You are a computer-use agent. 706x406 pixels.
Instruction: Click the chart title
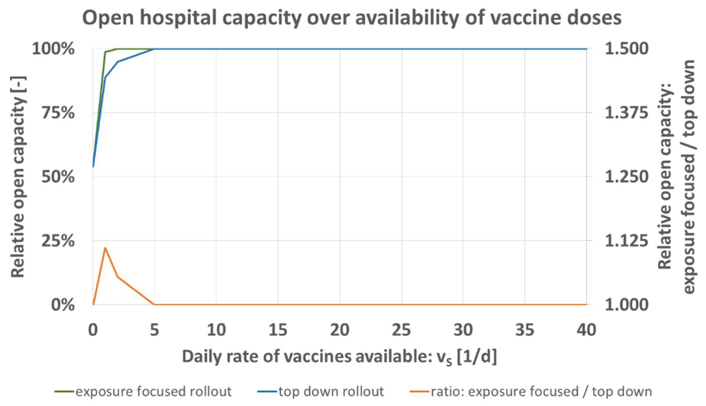(352, 18)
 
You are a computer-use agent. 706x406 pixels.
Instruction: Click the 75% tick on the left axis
(58, 113)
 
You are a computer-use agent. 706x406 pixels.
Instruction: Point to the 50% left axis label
(58, 177)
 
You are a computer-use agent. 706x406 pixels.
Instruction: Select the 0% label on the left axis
(63, 305)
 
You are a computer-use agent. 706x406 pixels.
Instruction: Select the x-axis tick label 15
(278, 330)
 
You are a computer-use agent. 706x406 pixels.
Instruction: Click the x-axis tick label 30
(463, 330)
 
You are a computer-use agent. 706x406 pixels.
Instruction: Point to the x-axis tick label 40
(587, 330)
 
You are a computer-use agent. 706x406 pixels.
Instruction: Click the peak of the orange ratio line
(105, 248)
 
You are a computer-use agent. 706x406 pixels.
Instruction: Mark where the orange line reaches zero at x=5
(154, 304)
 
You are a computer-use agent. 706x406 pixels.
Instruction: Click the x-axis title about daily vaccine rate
(339, 357)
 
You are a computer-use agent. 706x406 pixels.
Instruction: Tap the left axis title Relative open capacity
(18, 177)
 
